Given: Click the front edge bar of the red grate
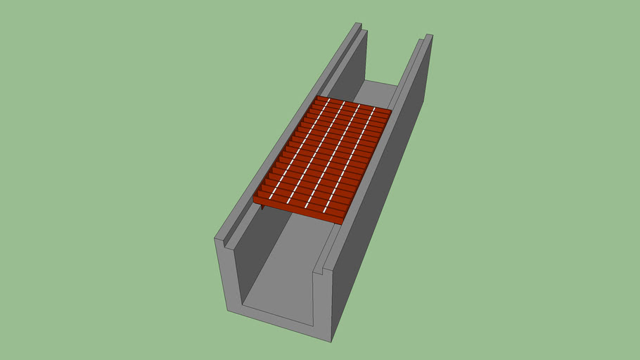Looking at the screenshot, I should pyautogui.click(x=299, y=212).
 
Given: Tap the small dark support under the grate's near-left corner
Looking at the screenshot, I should pyautogui.click(x=262, y=207).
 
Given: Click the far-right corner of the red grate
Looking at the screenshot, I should pyautogui.click(x=391, y=110).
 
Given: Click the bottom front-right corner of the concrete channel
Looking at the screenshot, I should pyautogui.click(x=331, y=341).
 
